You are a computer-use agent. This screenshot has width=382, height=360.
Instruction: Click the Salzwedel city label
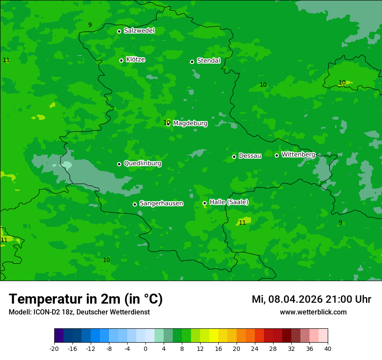[139, 31]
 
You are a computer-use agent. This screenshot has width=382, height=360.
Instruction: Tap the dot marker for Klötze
[121, 60]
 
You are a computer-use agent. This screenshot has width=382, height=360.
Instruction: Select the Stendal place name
[208, 61]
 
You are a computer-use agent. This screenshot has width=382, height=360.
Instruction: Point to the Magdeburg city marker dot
[168, 124]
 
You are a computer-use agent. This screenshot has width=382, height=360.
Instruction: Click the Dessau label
[250, 156]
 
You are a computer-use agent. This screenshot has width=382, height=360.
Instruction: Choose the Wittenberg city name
[298, 154]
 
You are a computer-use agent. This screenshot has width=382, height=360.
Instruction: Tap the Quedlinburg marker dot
[119, 164]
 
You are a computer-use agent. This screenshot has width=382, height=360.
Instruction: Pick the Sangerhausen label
[161, 203]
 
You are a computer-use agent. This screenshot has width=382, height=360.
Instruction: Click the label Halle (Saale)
[229, 202]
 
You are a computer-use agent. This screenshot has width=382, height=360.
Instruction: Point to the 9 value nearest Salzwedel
[90, 25]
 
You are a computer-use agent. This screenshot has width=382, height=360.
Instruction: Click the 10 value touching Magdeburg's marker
[166, 123]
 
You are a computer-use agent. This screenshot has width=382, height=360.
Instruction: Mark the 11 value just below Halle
[242, 223]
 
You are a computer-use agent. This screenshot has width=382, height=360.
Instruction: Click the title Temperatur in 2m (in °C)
[86, 299]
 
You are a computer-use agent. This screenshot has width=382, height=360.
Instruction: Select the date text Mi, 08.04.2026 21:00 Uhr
[311, 299]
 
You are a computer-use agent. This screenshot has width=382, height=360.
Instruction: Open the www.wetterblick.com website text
[313, 312]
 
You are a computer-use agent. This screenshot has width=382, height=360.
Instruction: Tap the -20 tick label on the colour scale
[54, 349]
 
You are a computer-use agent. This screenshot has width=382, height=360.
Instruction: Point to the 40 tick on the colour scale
[328, 349]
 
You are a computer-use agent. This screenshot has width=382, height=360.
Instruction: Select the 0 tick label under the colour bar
[145, 349]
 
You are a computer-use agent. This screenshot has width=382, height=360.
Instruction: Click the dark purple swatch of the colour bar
[59, 336]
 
